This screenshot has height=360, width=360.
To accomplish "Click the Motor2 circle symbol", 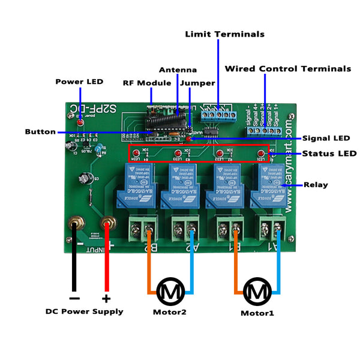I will click(170, 292).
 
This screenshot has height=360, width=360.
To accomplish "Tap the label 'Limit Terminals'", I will click(224, 34).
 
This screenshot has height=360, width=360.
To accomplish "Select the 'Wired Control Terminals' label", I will click(287, 69).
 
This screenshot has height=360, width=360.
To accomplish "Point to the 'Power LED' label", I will click(79, 82).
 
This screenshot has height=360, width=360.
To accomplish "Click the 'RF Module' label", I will click(147, 83).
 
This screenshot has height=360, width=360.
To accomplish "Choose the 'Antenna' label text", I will click(178, 70).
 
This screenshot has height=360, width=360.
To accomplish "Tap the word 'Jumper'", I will click(197, 83).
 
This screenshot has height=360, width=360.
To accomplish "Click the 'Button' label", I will click(40, 132).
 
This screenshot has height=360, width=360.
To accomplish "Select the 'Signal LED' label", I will click(326, 138).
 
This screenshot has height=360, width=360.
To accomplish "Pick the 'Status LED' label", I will click(329, 154).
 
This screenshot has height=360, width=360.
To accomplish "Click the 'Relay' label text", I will click(316, 185).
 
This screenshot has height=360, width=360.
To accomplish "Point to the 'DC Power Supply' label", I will click(85, 311).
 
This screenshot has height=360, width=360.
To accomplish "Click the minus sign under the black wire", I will click(74, 298).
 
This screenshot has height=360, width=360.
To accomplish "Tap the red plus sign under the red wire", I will click(106, 298).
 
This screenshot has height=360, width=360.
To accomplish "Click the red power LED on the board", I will click(80, 122).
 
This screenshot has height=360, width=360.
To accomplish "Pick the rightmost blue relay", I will click(268, 185).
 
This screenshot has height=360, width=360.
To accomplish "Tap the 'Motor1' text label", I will click(257, 313).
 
